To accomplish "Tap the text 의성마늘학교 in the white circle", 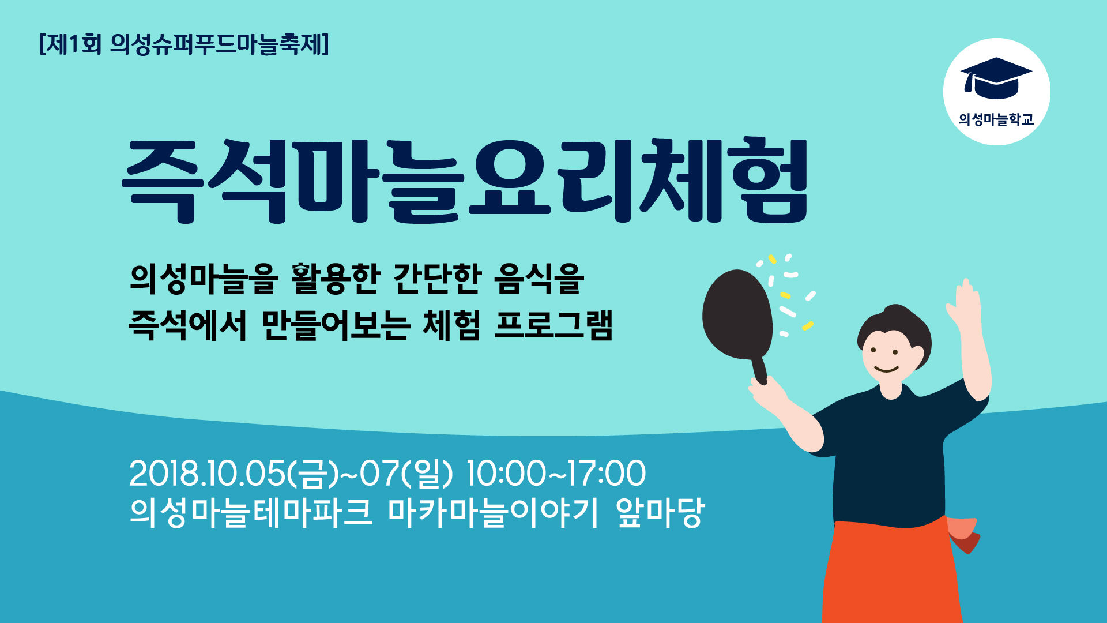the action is (x=996, y=119).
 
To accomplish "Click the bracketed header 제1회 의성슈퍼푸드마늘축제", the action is (x=184, y=44).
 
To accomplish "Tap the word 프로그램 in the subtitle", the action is (x=553, y=325).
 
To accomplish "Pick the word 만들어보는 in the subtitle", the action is (x=336, y=325).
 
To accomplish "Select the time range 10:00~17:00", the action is (x=556, y=474).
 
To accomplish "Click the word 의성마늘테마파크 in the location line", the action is (x=252, y=512).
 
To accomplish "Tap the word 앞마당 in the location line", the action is (x=660, y=512).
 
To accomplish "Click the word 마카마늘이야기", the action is (x=494, y=512).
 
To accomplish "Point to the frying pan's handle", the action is (x=759, y=370).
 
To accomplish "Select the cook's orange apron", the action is (x=891, y=571).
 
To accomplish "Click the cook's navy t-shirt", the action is (x=888, y=456).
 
